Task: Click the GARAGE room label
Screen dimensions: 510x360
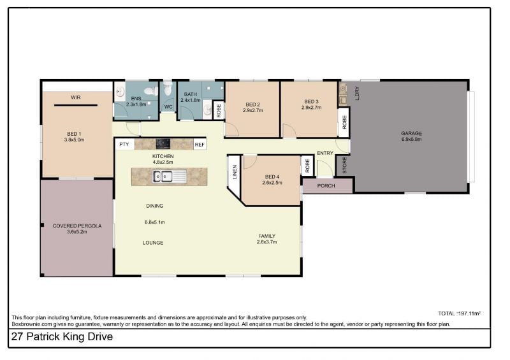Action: (411, 133)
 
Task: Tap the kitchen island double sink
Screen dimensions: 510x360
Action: (163, 176)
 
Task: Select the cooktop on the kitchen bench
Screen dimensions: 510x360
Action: (163, 144)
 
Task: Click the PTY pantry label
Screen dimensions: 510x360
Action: (124, 144)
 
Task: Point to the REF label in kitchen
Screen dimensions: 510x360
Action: (200, 145)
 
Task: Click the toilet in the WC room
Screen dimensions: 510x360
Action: (168, 88)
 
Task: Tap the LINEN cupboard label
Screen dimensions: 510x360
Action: (235, 172)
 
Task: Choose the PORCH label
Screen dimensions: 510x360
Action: (326, 185)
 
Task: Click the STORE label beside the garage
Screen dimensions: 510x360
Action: (344, 165)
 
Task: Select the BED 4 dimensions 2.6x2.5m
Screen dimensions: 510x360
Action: (272, 183)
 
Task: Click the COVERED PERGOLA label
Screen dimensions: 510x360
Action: (77, 226)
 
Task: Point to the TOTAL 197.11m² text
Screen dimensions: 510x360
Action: (459, 313)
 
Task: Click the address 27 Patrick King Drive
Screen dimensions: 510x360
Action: (62, 336)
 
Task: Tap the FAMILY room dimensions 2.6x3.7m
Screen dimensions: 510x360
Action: (266, 242)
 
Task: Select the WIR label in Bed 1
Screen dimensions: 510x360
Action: (76, 97)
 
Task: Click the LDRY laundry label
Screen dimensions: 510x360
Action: (357, 93)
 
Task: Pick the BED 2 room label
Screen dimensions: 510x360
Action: (252, 104)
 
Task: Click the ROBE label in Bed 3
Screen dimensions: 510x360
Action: (344, 122)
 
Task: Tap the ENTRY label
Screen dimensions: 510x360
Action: (325, 153)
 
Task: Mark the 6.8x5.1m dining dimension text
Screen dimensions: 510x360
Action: (155, 222)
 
